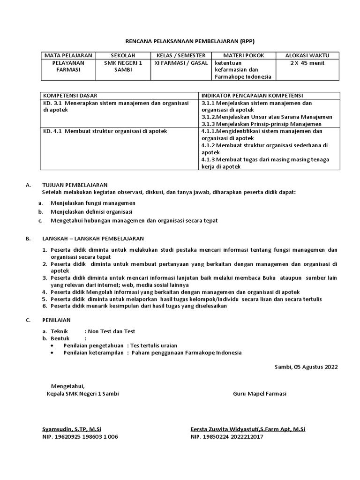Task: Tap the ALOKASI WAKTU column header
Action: tap(307, 55)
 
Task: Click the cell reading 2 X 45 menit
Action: tap(307, 63)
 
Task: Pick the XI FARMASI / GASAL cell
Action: tap(181, 63)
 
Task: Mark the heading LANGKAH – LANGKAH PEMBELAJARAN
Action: tap(93, 239)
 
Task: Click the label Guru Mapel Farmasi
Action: tap(260, 394)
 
